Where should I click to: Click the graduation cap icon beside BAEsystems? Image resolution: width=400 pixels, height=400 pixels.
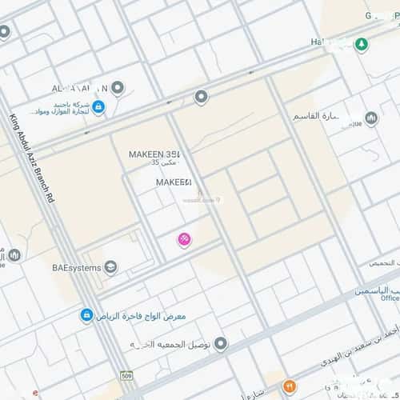click(111, 267)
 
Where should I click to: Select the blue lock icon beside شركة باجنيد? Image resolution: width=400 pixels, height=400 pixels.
click(98, 107)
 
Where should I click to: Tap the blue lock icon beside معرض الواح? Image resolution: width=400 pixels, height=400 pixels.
click(86, 316)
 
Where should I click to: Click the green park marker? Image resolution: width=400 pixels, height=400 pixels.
click(362, 45)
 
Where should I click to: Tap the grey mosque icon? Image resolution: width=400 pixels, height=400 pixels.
click(371, 119)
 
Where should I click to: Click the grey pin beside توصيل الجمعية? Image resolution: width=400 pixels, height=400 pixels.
click(221, 344)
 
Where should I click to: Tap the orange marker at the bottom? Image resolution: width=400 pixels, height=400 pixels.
click(290, 386)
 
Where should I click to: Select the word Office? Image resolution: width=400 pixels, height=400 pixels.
click(390, 298)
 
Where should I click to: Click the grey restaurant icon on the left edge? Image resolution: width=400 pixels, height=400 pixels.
click(14, 255)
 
